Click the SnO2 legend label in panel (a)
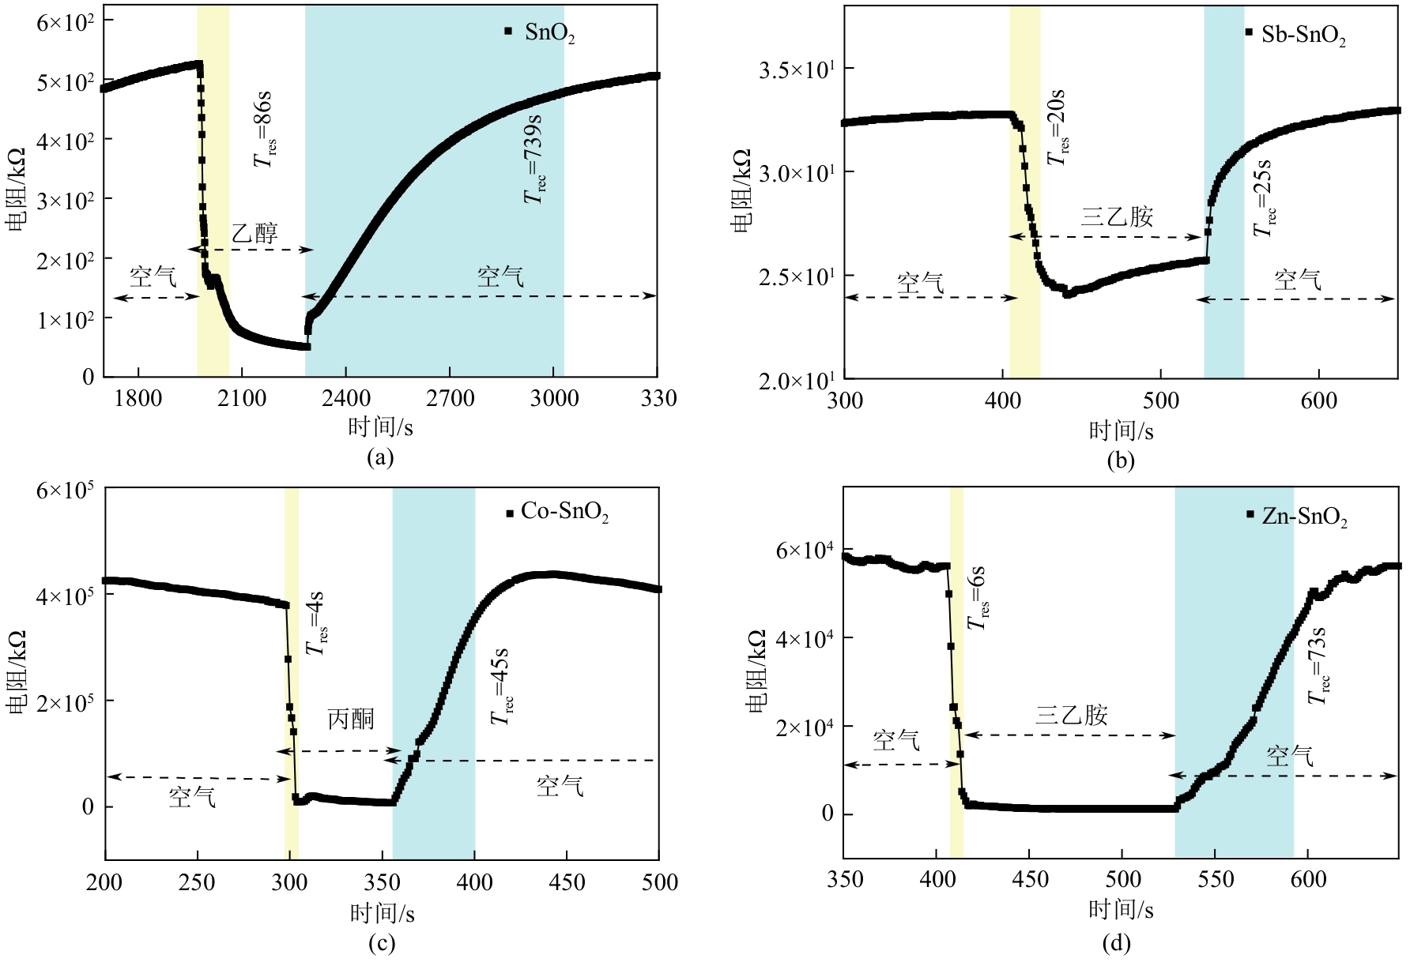549,34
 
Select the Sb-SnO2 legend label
1303,36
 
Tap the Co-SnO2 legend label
564,513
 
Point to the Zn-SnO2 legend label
1304,517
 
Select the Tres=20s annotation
1057,126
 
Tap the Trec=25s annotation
1264,198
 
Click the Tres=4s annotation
317,622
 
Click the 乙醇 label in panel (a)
254,233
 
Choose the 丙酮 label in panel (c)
351,720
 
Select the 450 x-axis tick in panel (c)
566,881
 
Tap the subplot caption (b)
1120,460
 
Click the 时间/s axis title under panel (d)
1121,910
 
